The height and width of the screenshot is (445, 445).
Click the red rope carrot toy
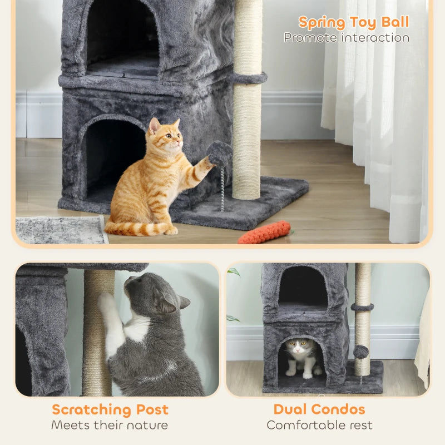265,232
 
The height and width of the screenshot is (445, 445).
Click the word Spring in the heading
321,23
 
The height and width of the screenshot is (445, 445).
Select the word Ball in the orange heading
394,22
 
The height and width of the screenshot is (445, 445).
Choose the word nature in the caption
146,426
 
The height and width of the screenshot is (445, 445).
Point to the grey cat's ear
183,302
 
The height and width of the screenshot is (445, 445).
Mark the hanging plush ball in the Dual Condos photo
361,352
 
